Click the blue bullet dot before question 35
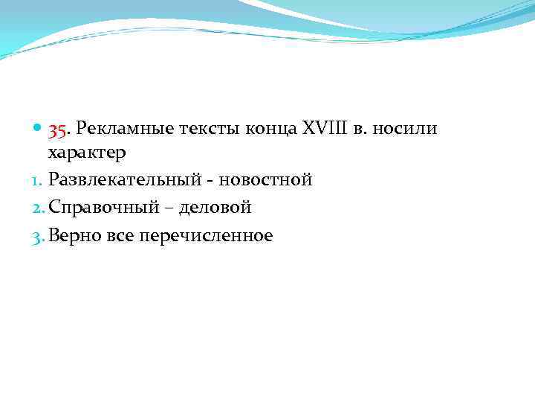click(x=38, y=130)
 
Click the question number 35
click(x=59, y=130)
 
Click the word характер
click(x=87, y=153)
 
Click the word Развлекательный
click(x=125, y=181)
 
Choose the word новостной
click(x=264, y=181)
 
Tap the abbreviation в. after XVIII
click(x=358, y=130)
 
